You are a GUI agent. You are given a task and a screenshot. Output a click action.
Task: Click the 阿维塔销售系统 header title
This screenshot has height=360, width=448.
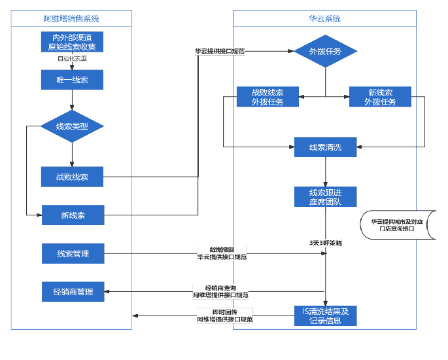pyautogui.click(x=71, y=19)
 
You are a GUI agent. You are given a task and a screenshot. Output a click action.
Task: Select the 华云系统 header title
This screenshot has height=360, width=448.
pyautogui.click(x=324, y=19)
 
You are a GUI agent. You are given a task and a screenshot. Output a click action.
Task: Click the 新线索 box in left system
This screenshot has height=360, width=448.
pyautogui.click(x=73, y=215)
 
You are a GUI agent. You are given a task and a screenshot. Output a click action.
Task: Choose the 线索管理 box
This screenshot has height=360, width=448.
pyautogui.click(x=73, y=254)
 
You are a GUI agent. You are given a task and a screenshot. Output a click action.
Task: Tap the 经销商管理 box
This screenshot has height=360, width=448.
pyautogui.click(x=73, y=292)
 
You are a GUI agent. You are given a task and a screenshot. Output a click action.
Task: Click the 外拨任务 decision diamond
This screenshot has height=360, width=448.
pyautogui.click(x=325, y=51)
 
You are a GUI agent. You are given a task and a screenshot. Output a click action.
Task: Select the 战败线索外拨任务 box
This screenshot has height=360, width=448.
pyautogui.click(x=267, y=97)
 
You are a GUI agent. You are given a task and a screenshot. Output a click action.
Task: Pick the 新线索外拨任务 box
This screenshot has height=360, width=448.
pyautogui.click(x=380, y=97)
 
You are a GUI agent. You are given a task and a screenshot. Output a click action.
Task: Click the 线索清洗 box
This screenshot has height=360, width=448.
pyautogui.click(x=325, y=147)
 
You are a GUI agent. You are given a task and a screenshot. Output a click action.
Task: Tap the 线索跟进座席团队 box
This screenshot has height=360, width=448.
pyautogui.click(x=325, y=197)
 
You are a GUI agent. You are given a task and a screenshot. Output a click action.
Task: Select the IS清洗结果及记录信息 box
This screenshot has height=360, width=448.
pyautogui.click(x=325, y=315)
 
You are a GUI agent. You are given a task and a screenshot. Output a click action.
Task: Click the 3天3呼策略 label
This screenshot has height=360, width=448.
pyautogui.click(x=325, y=242)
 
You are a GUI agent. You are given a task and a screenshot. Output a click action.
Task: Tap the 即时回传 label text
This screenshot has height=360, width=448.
pyautogui.click(x=224, y=312)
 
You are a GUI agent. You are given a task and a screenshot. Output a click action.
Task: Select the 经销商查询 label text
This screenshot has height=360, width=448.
pyautogui.click(x=224, y=288)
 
